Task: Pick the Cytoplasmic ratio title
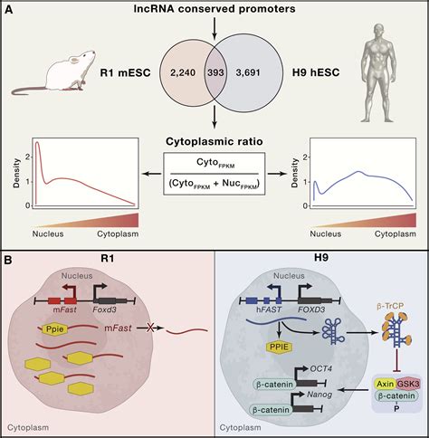(x=214, y=142)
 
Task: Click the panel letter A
(x=10, y=10)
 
